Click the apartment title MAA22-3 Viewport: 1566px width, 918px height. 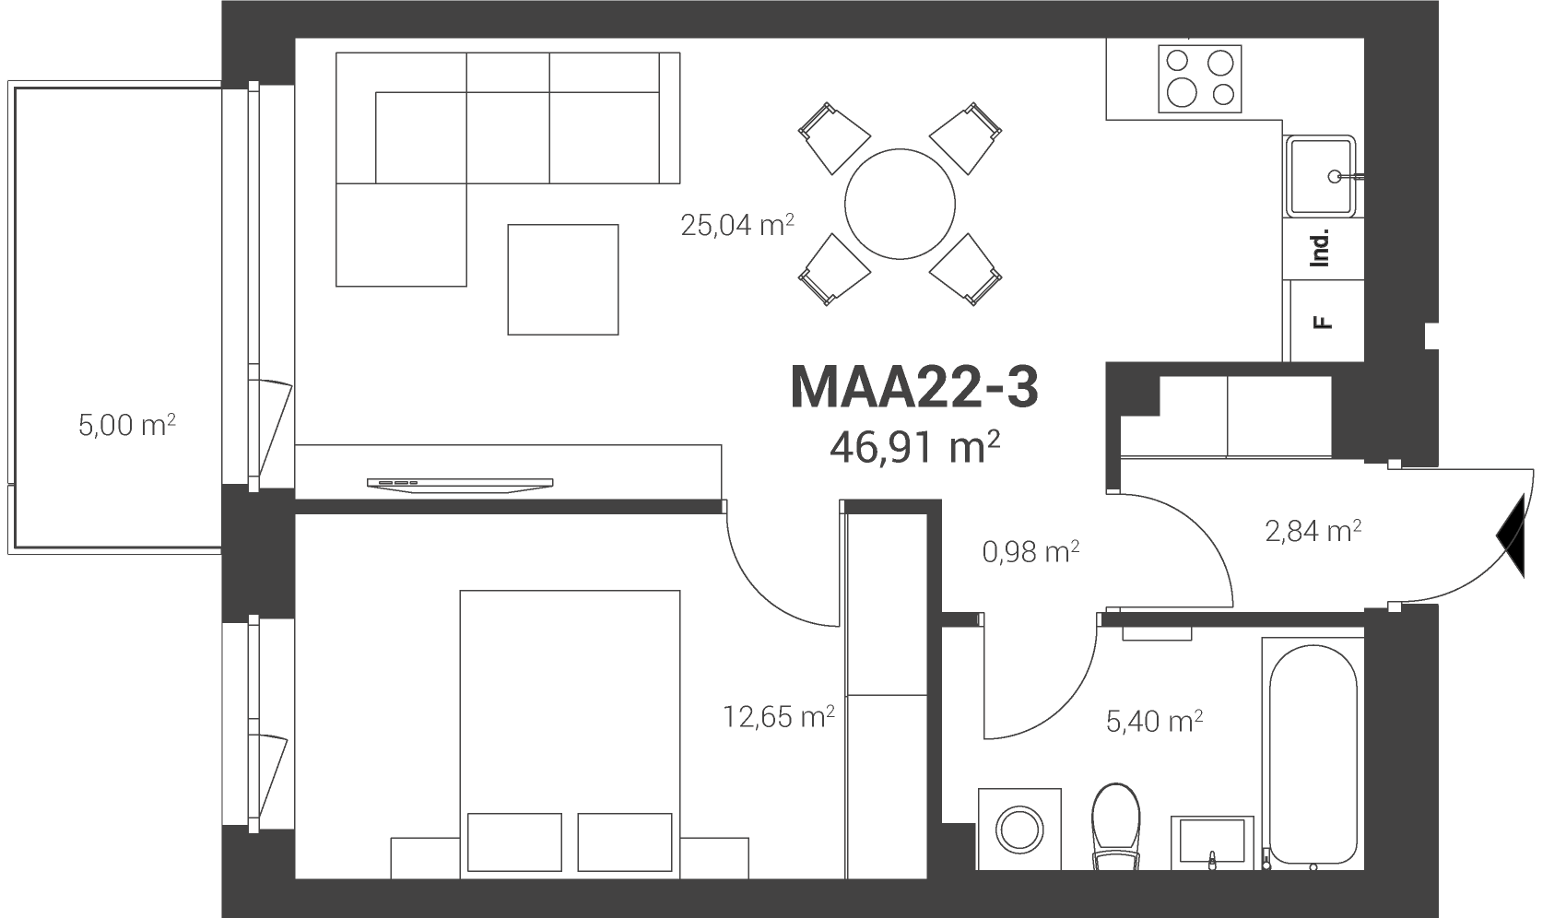[914, 386]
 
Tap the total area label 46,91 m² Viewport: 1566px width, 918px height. [914, 447]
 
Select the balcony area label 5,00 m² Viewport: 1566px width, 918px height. [126, 424]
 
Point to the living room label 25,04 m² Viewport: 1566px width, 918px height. [736, 225]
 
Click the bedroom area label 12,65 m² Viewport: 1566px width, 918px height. [778, 716]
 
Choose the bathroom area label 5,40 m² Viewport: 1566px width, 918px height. [1154, 720]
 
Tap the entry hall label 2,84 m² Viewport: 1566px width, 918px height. [1313, 531]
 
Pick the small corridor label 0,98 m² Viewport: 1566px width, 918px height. [1030, 552]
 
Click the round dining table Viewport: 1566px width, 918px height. [900, 205]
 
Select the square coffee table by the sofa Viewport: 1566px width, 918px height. [563, 279]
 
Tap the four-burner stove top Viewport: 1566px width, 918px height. [1200, 79]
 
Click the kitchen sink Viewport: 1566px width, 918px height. [1322, 175]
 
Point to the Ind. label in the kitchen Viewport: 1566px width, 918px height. [1320, 248]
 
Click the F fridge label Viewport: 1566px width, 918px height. [1322, 323]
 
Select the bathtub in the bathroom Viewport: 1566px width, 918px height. [1313, 754]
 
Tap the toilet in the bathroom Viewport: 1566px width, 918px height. [1116, 826]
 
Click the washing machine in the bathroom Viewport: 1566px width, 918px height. [1019, 830]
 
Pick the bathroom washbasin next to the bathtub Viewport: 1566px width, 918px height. [1212, 842]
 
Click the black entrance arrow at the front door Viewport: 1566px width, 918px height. [1512, 535]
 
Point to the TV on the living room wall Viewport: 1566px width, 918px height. [460, 485]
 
